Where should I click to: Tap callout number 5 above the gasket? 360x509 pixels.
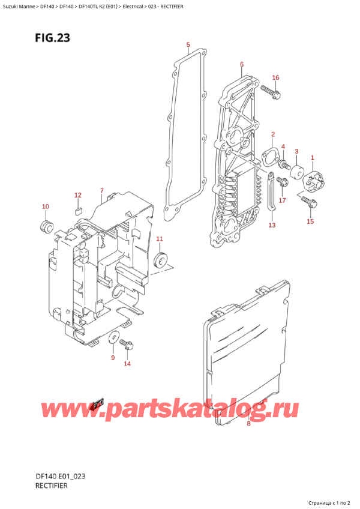pos(188,45)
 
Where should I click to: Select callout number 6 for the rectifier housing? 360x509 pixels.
pos(241,64)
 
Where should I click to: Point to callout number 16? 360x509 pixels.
pos(275,77)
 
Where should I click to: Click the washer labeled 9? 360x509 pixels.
pos(113,340)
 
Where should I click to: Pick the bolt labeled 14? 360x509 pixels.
pos(127,345)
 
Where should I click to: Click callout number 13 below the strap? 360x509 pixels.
pos(272,225)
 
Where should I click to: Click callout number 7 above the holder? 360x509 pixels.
pos(102,191)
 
